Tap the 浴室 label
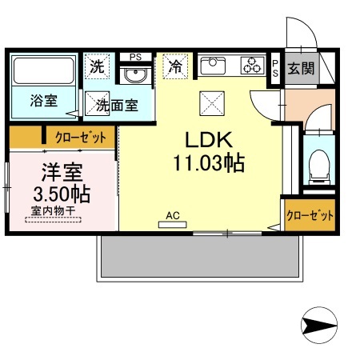(x=42, y=102)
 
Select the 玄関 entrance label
(x=302, y=69)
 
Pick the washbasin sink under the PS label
(x=134, y=76)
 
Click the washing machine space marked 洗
(x=98, y=67)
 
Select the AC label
(x=172, y=214)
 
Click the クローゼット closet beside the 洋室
(x=79, y=138)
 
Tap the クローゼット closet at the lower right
(x=310, y=215)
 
